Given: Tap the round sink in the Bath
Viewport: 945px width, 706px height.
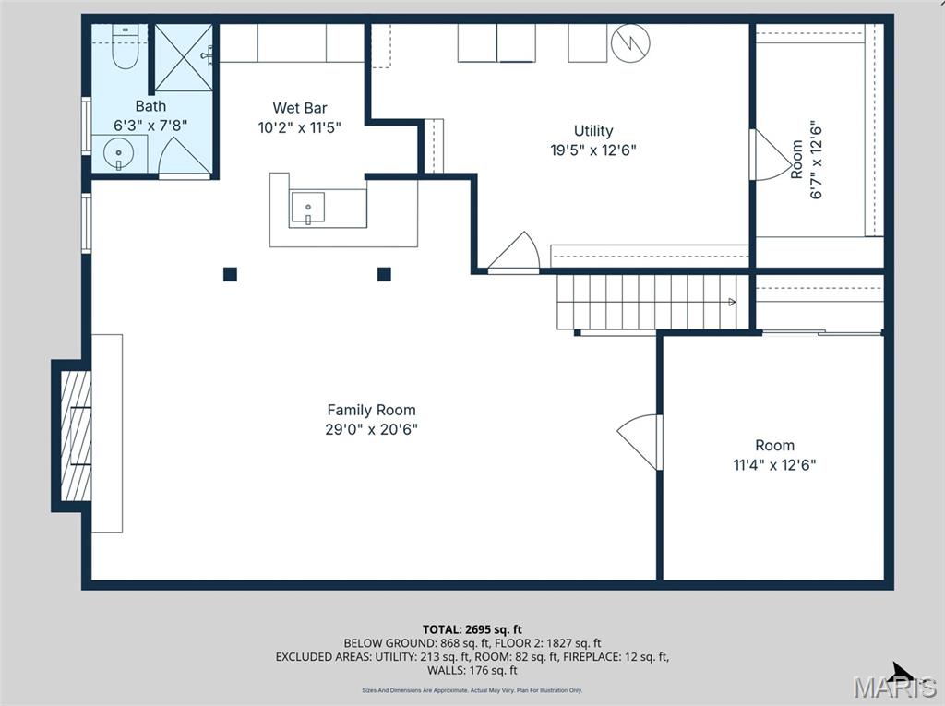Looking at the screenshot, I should coord(119,153).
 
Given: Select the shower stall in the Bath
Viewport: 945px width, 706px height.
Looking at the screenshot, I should coord(183,56).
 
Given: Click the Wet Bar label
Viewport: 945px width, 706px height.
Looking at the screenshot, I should coord(300,108).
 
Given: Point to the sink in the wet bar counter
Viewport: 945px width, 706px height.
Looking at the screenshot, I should coord(308,209).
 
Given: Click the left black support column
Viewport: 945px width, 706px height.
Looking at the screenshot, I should coord(230,274).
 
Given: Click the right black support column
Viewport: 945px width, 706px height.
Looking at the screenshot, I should coord(384,274).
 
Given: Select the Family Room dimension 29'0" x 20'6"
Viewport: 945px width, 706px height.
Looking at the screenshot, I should coord(371,429).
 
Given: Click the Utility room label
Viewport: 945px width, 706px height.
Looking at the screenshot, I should coord(592,131).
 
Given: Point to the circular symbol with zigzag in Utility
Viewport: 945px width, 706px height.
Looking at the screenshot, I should coord(631,42).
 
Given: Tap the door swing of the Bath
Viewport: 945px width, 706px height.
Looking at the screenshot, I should coord(183,158).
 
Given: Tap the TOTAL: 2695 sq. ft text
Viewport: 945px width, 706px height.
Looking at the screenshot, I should coord(472,629).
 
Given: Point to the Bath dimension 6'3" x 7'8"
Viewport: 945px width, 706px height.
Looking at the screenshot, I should coord(150,125).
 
